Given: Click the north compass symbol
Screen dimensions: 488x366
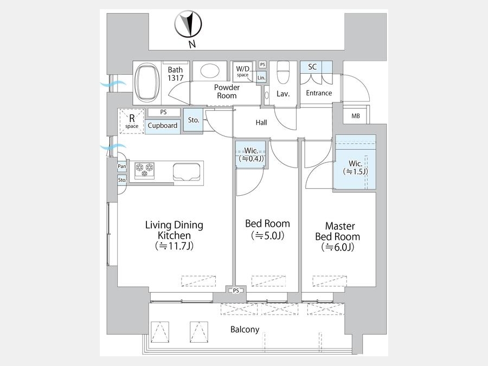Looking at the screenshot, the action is tap(188, 24).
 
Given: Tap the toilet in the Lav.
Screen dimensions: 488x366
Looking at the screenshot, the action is tap(283, 73).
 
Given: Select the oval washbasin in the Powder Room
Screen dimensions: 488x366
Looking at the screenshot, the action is tap(210, 71).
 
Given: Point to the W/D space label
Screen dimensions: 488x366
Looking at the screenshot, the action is tap(242, 71).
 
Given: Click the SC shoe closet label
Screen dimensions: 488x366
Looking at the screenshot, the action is tap(312, 67).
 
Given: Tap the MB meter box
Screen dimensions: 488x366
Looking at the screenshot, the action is tap(356, 115).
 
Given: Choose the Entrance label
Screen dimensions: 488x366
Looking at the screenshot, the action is tap(319, 93).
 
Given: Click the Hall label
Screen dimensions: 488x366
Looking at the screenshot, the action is tap(261, 123).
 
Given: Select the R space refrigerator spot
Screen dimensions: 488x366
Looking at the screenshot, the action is tap(132, 121).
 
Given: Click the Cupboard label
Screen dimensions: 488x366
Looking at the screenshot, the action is tap(163, 125).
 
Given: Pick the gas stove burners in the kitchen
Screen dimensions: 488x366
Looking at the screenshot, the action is tap(145, 170).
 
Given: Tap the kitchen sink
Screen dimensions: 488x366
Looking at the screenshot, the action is tap(187, 172).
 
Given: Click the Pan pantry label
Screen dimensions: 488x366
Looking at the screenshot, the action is tap(121, 166).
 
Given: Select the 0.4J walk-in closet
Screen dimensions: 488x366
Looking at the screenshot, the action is tap(251, 155).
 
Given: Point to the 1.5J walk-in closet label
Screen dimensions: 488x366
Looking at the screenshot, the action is tap(355, 168).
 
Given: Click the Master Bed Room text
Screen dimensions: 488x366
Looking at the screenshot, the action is tap(338, 231).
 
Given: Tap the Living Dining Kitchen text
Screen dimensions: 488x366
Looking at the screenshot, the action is tap(174, 230).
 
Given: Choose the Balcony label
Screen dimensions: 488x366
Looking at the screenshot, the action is tap(245, 329).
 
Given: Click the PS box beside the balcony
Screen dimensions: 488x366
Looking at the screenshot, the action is tap(236, 291).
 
